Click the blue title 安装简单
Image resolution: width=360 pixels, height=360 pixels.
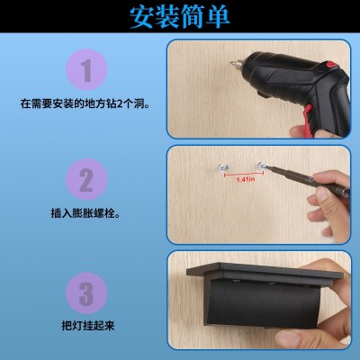pos(180,16)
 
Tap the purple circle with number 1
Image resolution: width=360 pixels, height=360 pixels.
pos(86,70)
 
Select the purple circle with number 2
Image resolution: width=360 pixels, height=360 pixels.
pos(86,179)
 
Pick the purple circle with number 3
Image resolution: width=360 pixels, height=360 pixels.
pos(86,293)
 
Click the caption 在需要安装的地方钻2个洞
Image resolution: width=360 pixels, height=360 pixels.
pos(85,103)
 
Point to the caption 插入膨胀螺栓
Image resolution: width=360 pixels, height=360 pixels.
pos(85,213)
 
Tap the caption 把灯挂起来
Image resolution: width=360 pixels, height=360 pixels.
pos(88,326)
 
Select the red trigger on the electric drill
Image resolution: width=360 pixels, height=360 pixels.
pos(308,121)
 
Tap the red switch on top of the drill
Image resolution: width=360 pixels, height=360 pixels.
pos(332,64)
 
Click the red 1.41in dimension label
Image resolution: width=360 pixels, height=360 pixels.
pos(246,179)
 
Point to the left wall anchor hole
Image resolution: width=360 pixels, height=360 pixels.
pos(222,167)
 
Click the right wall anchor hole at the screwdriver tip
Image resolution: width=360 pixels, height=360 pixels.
pos(262,166)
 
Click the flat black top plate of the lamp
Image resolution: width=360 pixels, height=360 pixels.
pos(265,273)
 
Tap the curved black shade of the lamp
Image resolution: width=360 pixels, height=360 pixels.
pos(264,303)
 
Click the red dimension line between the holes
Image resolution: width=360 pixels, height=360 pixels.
pos(243,175)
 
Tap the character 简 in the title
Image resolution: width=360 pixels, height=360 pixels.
pos(193,16)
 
